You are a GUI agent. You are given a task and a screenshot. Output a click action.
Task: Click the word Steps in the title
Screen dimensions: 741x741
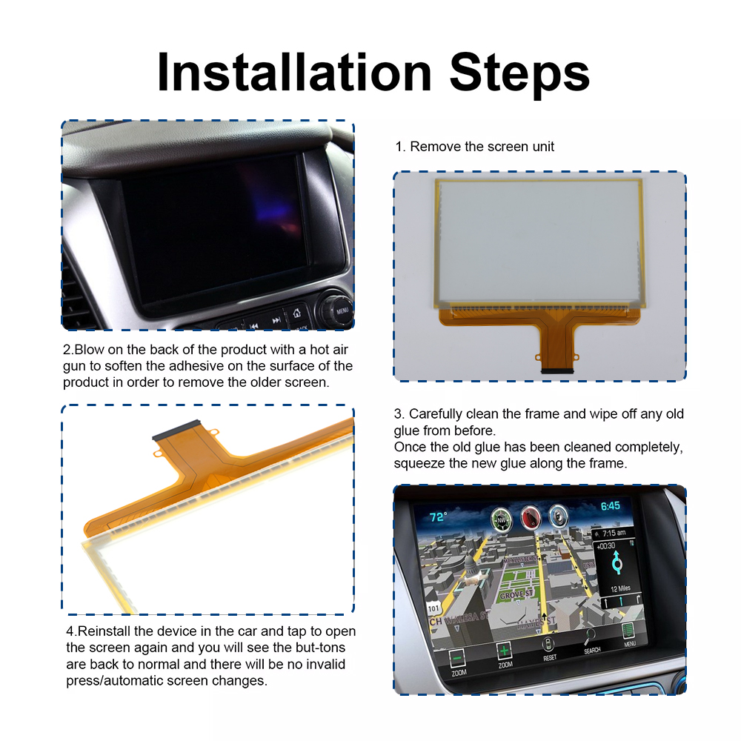coord(519,73)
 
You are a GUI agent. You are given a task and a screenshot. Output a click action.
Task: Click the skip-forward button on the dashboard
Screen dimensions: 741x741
coord(276,320)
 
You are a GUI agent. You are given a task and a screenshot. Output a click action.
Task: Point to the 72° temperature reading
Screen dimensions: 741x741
coord(438,517)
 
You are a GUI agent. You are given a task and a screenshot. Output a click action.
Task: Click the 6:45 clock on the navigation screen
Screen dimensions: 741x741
coord(610,506)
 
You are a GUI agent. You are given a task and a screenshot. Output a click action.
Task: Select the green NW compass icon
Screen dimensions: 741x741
coord(502,519)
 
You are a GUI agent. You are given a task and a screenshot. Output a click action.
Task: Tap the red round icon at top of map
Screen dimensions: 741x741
coord(531,517)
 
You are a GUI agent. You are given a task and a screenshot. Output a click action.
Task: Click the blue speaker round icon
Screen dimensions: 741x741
coord(559,515)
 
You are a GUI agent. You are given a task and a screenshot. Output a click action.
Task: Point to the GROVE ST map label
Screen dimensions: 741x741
coord(516,594)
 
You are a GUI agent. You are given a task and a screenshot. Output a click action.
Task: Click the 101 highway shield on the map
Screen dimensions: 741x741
coord(433,608)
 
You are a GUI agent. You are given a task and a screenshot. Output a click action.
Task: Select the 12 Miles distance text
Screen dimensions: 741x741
coord(620,589)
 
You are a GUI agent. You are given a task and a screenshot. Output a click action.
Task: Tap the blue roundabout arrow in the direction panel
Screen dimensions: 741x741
coord(617,563)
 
